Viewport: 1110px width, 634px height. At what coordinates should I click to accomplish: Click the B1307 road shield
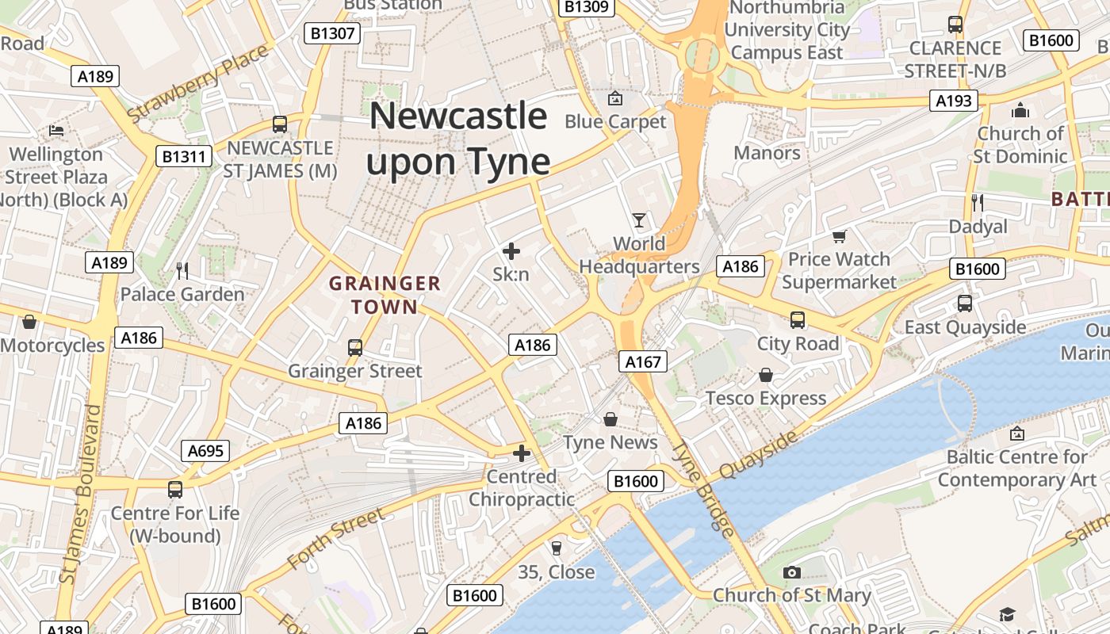coord(333,33)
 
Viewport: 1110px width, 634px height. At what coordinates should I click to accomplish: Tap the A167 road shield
coord(642,362)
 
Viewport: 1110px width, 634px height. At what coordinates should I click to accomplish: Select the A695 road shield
coord(206,452)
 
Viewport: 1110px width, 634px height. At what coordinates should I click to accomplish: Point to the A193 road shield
coord(953,101)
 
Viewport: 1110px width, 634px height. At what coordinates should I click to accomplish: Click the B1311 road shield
coord(183,156)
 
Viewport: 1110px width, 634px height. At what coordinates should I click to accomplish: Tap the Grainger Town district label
coord(385,295)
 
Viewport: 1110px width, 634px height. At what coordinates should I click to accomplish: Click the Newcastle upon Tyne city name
coord(458,139)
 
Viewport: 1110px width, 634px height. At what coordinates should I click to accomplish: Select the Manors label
coord(767,152)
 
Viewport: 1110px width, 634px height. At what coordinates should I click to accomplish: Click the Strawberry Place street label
coord(197,84)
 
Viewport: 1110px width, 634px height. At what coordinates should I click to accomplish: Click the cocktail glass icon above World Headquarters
coord(639,220)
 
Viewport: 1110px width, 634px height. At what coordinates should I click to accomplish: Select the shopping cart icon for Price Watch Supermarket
coord(839,236)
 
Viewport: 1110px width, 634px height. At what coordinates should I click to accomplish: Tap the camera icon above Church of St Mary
coord(791,572)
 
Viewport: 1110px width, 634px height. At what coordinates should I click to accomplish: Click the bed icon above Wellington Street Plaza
coord(56,130)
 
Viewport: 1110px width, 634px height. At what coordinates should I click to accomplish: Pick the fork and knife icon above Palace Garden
coord(182,271)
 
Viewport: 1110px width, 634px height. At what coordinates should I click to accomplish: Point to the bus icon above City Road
coord(798,320)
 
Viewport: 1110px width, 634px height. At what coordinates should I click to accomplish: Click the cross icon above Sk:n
coord(511,251)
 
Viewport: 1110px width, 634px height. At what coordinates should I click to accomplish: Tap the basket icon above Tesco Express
coord(766,375)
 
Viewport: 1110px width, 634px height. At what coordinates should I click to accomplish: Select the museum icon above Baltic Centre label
coord(1017,433)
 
